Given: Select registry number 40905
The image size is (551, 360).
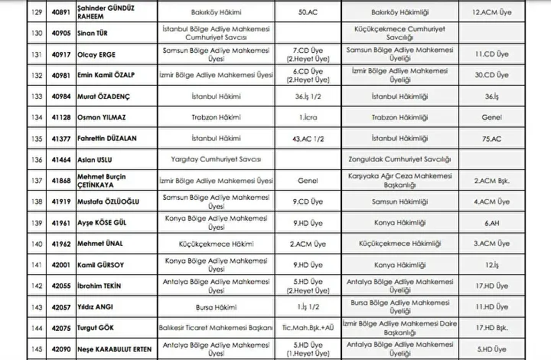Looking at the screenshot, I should pyautogui.click(x=41, y=34).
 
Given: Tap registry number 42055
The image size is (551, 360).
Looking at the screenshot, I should pyautogui.click(x=41, y=285).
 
